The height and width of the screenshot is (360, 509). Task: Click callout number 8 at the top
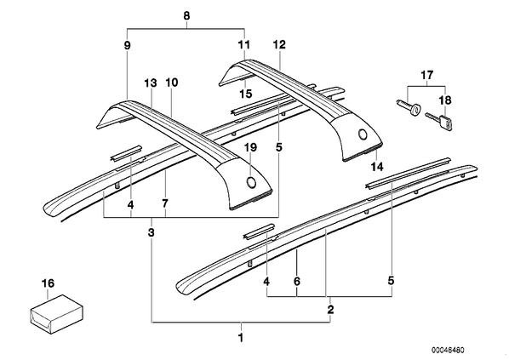186,16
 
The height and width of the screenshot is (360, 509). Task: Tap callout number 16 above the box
48,283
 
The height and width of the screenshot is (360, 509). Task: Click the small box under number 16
56,310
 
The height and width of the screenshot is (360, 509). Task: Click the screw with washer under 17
408,108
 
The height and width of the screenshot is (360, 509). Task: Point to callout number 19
251,148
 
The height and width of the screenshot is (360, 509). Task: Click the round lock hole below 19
251,183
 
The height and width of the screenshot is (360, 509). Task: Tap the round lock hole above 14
363,134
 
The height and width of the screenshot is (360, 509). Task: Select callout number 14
378,167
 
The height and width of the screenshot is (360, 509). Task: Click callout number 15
246,94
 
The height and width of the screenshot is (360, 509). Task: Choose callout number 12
279,44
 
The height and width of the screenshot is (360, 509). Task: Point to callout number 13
151,83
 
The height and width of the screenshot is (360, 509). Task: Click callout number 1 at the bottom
241,338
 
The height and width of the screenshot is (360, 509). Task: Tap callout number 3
151,232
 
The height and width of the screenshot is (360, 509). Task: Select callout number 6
297,281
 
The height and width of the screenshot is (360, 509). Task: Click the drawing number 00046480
448,350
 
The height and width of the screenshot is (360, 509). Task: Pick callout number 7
165,204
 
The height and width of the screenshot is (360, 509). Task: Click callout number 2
330,309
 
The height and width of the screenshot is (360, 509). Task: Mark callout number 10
172,83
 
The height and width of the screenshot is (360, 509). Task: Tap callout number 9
128,45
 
